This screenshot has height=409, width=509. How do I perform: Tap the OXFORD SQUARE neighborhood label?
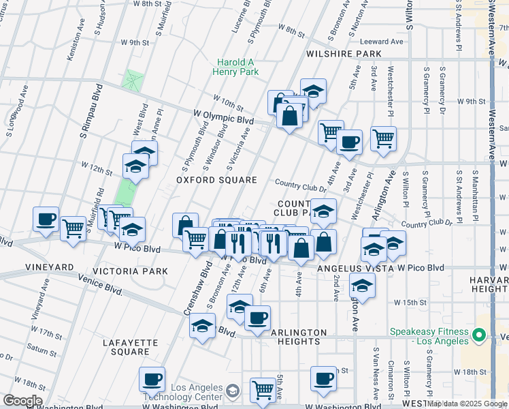[216, 180]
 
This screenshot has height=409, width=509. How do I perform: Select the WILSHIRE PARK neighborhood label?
[344, 53]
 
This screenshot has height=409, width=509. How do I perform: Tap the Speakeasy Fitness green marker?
[479, 335]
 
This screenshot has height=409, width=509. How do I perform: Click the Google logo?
[22, 401]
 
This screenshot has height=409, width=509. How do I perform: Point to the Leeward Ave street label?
[381, 42]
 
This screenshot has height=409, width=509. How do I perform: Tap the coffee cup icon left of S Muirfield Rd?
[46, 219]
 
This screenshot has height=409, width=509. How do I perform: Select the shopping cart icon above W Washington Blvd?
[263, 391]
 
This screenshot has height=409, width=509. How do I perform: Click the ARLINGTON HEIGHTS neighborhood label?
[295, 337]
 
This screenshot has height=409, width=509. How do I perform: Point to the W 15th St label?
[409, 302]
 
